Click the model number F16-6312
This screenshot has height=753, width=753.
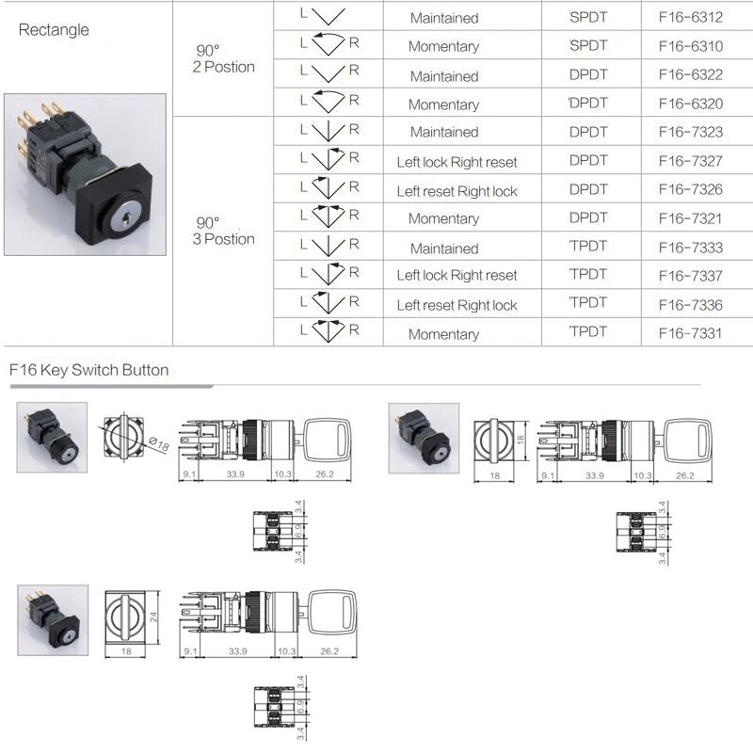(x=691, y=17)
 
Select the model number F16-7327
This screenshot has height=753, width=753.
(x=691, y=161)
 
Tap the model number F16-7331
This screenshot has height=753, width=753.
(x=691, y=333)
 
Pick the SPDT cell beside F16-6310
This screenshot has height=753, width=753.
(x=588, y=45)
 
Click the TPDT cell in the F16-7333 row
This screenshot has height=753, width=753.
(x=588, y=246)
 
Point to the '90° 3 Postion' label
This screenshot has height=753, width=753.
(x=224, y=231)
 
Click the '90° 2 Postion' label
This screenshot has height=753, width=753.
(x=224, y=58)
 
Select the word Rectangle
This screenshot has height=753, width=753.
(x=54, y=30)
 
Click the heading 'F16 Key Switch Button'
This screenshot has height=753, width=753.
(x=88, y=370)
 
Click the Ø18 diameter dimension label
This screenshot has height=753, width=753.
(x=159, y=443)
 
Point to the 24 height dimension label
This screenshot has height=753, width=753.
(x=153, y=617)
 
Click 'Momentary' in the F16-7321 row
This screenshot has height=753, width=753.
(x=443, y=218)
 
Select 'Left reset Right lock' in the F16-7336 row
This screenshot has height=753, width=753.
(x=457, y=305)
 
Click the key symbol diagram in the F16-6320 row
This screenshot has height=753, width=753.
(x=328, y=101)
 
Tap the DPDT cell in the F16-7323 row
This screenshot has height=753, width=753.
(x=588, y=132)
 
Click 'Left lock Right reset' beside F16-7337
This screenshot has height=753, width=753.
(x=457, y=275)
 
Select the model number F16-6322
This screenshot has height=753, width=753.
(x=691, y=74)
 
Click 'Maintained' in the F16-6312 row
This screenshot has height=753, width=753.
(x=444, y=18)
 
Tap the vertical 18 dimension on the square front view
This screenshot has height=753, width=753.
(x=521, y=440)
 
